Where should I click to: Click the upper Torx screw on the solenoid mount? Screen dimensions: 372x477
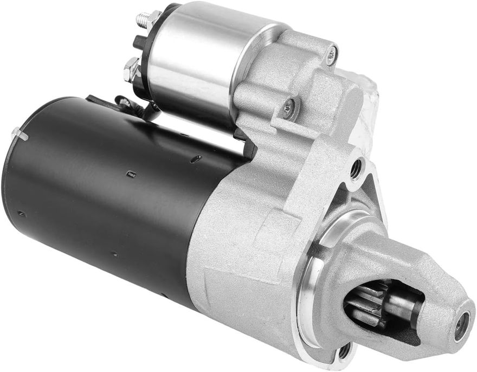[331, 53]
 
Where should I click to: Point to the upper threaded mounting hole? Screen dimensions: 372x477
[356, 170]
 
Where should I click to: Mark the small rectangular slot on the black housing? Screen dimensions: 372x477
[130, 174]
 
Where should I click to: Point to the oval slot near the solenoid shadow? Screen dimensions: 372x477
[196, 158]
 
